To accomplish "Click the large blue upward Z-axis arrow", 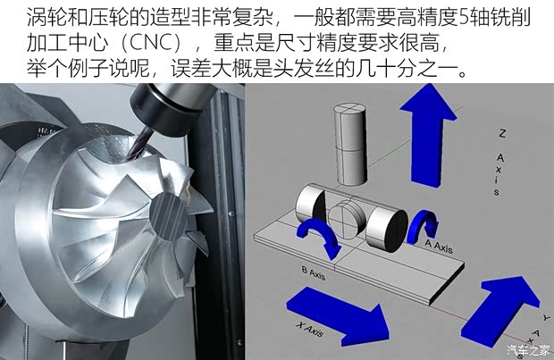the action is click(427, 135).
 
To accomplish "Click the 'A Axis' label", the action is click(439, 247).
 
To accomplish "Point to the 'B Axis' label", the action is click(313, 272).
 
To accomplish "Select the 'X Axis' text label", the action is click(310, 330).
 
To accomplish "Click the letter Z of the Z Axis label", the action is click(502, 133).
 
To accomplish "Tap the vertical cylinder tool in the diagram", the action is click(349, 144).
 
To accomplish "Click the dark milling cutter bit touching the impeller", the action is click(140, 144).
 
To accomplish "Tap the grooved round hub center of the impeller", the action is click(166, 214).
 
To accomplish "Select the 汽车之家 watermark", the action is click(528, 350).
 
